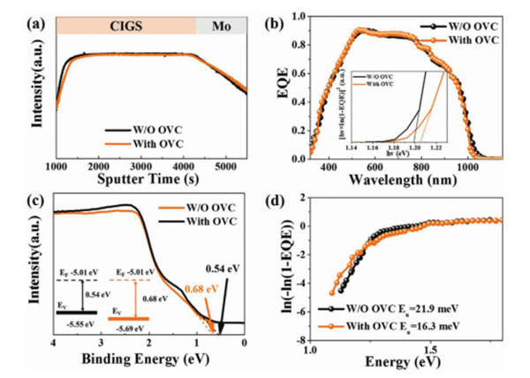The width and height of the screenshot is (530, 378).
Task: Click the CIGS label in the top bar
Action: pyautogui.click(x=125, y=26)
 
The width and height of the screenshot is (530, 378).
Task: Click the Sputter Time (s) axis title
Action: pyautogui.click(x=147, y=182)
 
